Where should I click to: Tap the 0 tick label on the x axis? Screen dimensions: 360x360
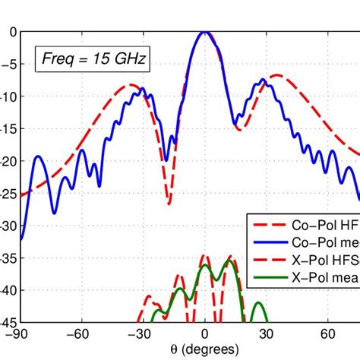(x=205, y=333)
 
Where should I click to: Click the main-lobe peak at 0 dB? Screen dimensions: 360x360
(x=204, y=32)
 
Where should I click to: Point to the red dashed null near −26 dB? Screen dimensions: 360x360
(x=169, y=203)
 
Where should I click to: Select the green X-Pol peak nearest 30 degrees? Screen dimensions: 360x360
(x=259, y=303)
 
